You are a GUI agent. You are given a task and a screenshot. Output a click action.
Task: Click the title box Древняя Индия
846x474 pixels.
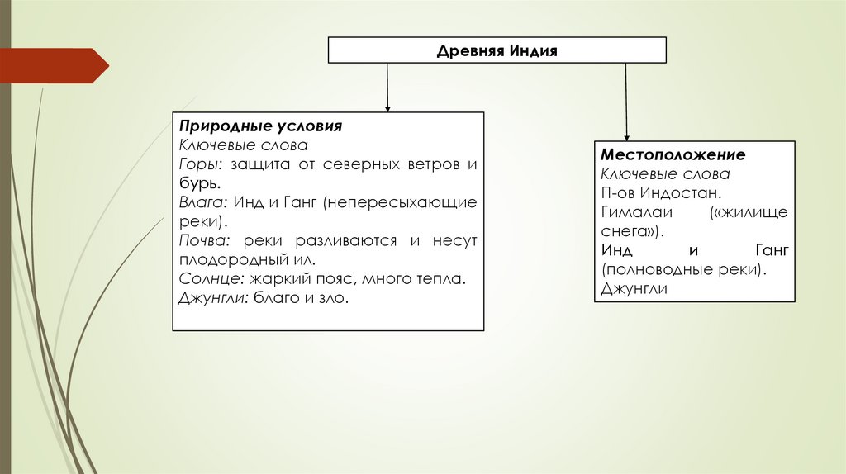pos(497,51)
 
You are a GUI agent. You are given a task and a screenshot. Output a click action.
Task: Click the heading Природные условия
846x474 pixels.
pos(260,128)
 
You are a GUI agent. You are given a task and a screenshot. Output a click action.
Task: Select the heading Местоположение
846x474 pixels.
pos(673,155)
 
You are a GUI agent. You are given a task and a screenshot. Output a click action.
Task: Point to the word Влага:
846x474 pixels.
pos(203,202)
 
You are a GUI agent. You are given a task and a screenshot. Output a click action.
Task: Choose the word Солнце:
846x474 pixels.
pos(210,279)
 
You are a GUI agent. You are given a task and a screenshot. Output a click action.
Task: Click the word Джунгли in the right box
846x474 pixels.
pos(634,289)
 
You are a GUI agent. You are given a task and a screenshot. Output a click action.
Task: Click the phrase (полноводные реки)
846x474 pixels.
pos(684,270)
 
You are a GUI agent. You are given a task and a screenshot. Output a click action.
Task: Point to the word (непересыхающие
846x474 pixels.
pos(401,202)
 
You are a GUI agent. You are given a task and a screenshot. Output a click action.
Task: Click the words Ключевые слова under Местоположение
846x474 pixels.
pos(665,174)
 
